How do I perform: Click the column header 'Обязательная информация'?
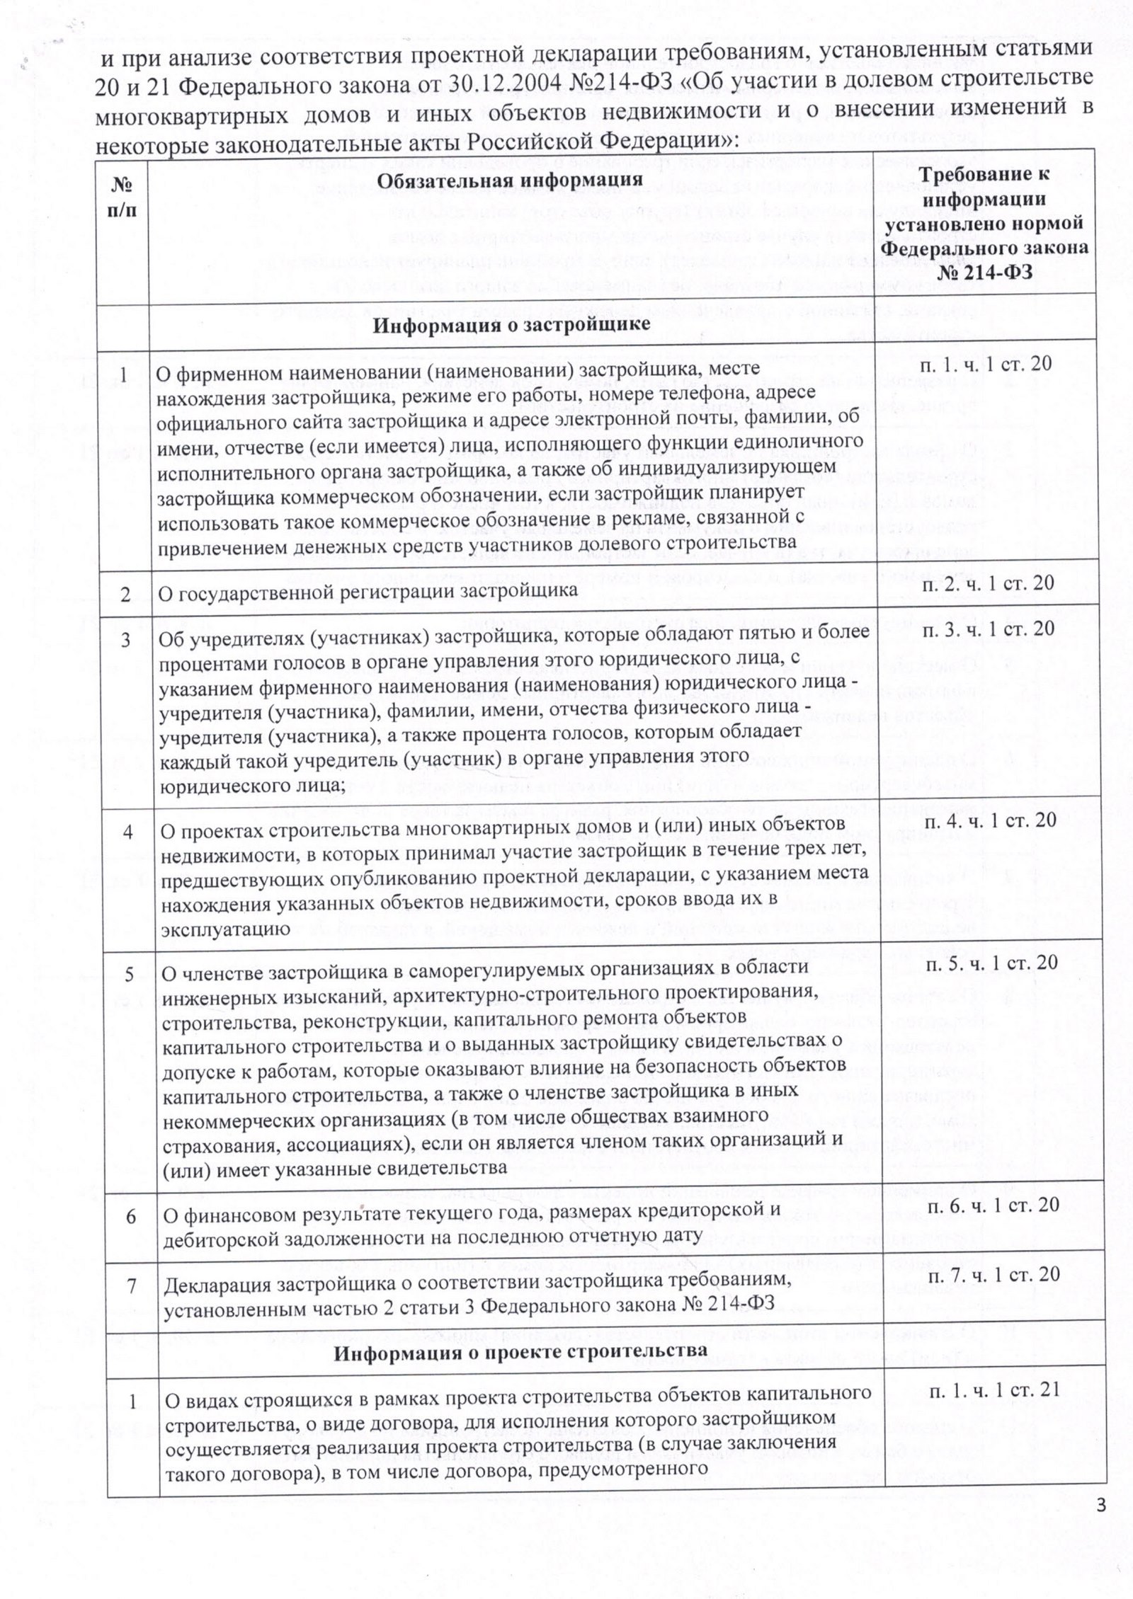click(x=509, y=180)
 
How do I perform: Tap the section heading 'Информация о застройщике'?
click(x=511, y=325)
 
